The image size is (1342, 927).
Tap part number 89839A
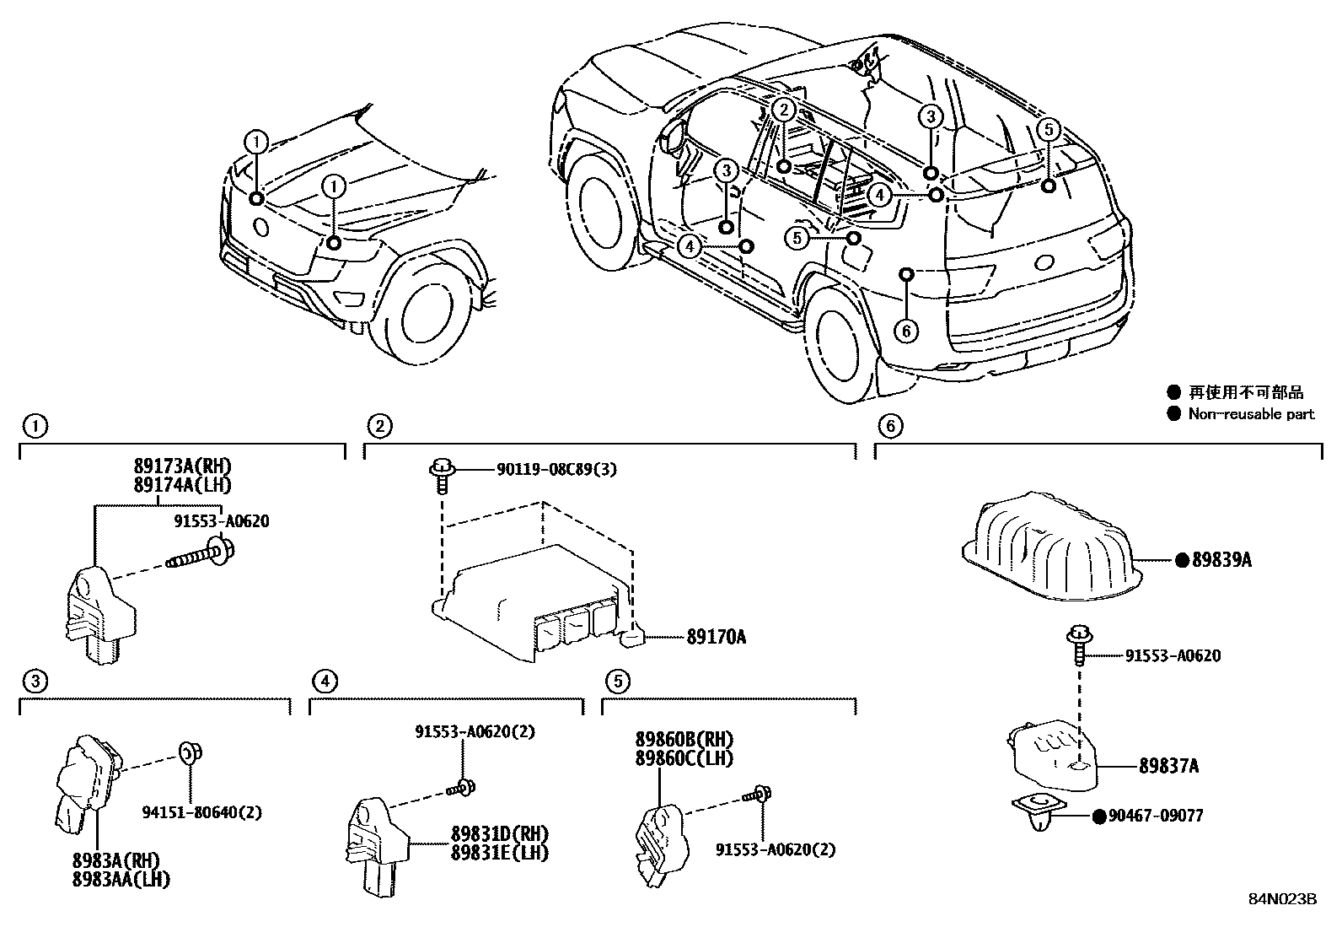[x=1221, y=559]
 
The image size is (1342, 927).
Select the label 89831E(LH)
[x=499, y=853]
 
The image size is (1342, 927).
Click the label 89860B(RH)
[x=684, y=740]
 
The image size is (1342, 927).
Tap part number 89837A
[x=1168, y=766]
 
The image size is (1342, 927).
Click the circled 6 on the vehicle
[x=906, y=331]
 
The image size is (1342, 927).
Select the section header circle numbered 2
[x=380, y=426]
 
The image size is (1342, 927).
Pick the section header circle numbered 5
[x=618, y=681]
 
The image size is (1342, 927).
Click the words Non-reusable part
[x=1251, y=414]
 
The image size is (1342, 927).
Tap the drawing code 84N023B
[x=1282, y=898]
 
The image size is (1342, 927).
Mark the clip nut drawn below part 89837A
[x=1044, y=811]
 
